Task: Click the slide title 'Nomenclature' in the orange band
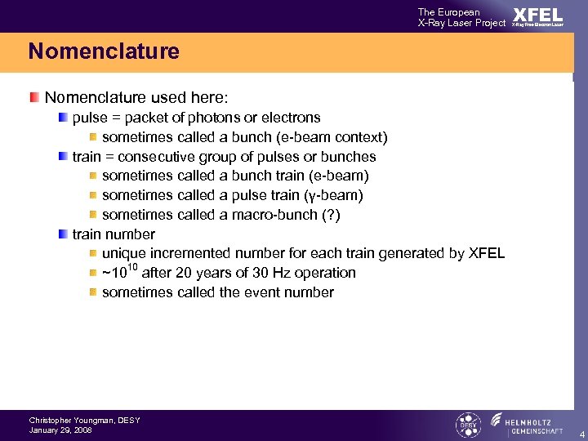pyautogui.click(x=104, y=51)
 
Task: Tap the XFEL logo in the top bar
pyautogui.click(x=537, y=16)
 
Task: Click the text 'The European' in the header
pyautogui.click(x=449, y=11)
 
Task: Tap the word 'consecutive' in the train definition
pyautogui.click(x=152, y=157)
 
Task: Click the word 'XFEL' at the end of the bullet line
pyautogui.click(x=487, y=253)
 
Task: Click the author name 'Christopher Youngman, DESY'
pyautogui.click(x=84, y=420)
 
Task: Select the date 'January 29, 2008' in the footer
pyautogui.click(x=60, y=430)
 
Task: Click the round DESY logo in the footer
pyautogui.click(x=468, y=425)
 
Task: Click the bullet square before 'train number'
pyautogui.click(x=63, y=234)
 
